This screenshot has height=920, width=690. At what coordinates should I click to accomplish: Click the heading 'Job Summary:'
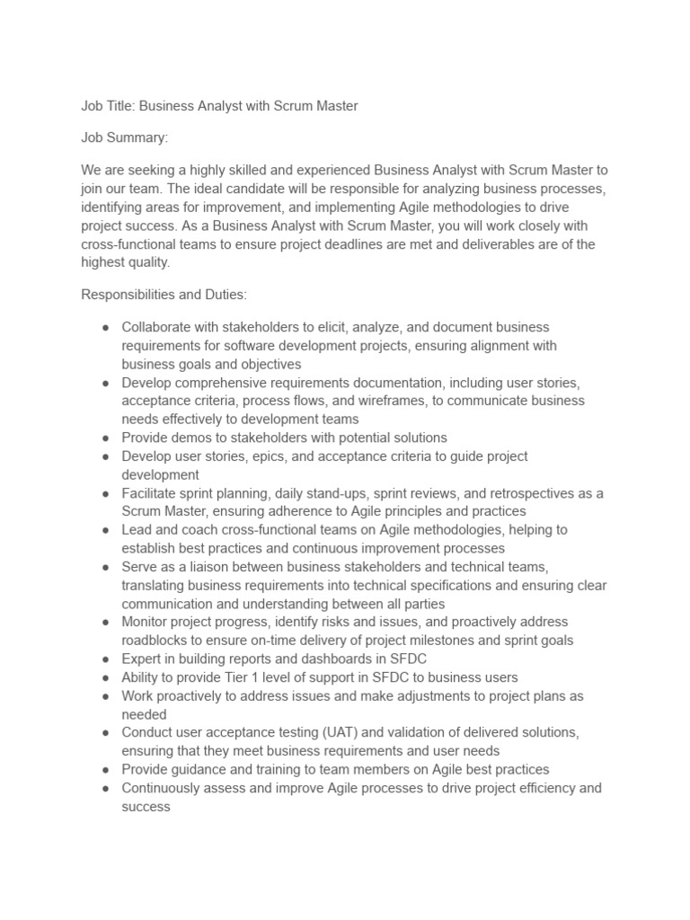pyautogui.click(x=125, y=138)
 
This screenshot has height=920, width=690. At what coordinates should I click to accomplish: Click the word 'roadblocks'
pyautogui.click(x=155, y=641)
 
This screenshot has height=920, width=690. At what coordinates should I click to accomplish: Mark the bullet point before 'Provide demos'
pyautogui.click(x=105, y=438)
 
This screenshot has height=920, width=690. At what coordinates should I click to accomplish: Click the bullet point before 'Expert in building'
pyautogui.click(x=105, y=659)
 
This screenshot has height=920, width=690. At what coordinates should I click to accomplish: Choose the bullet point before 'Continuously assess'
pyautogui.click(x=105, y=788)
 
